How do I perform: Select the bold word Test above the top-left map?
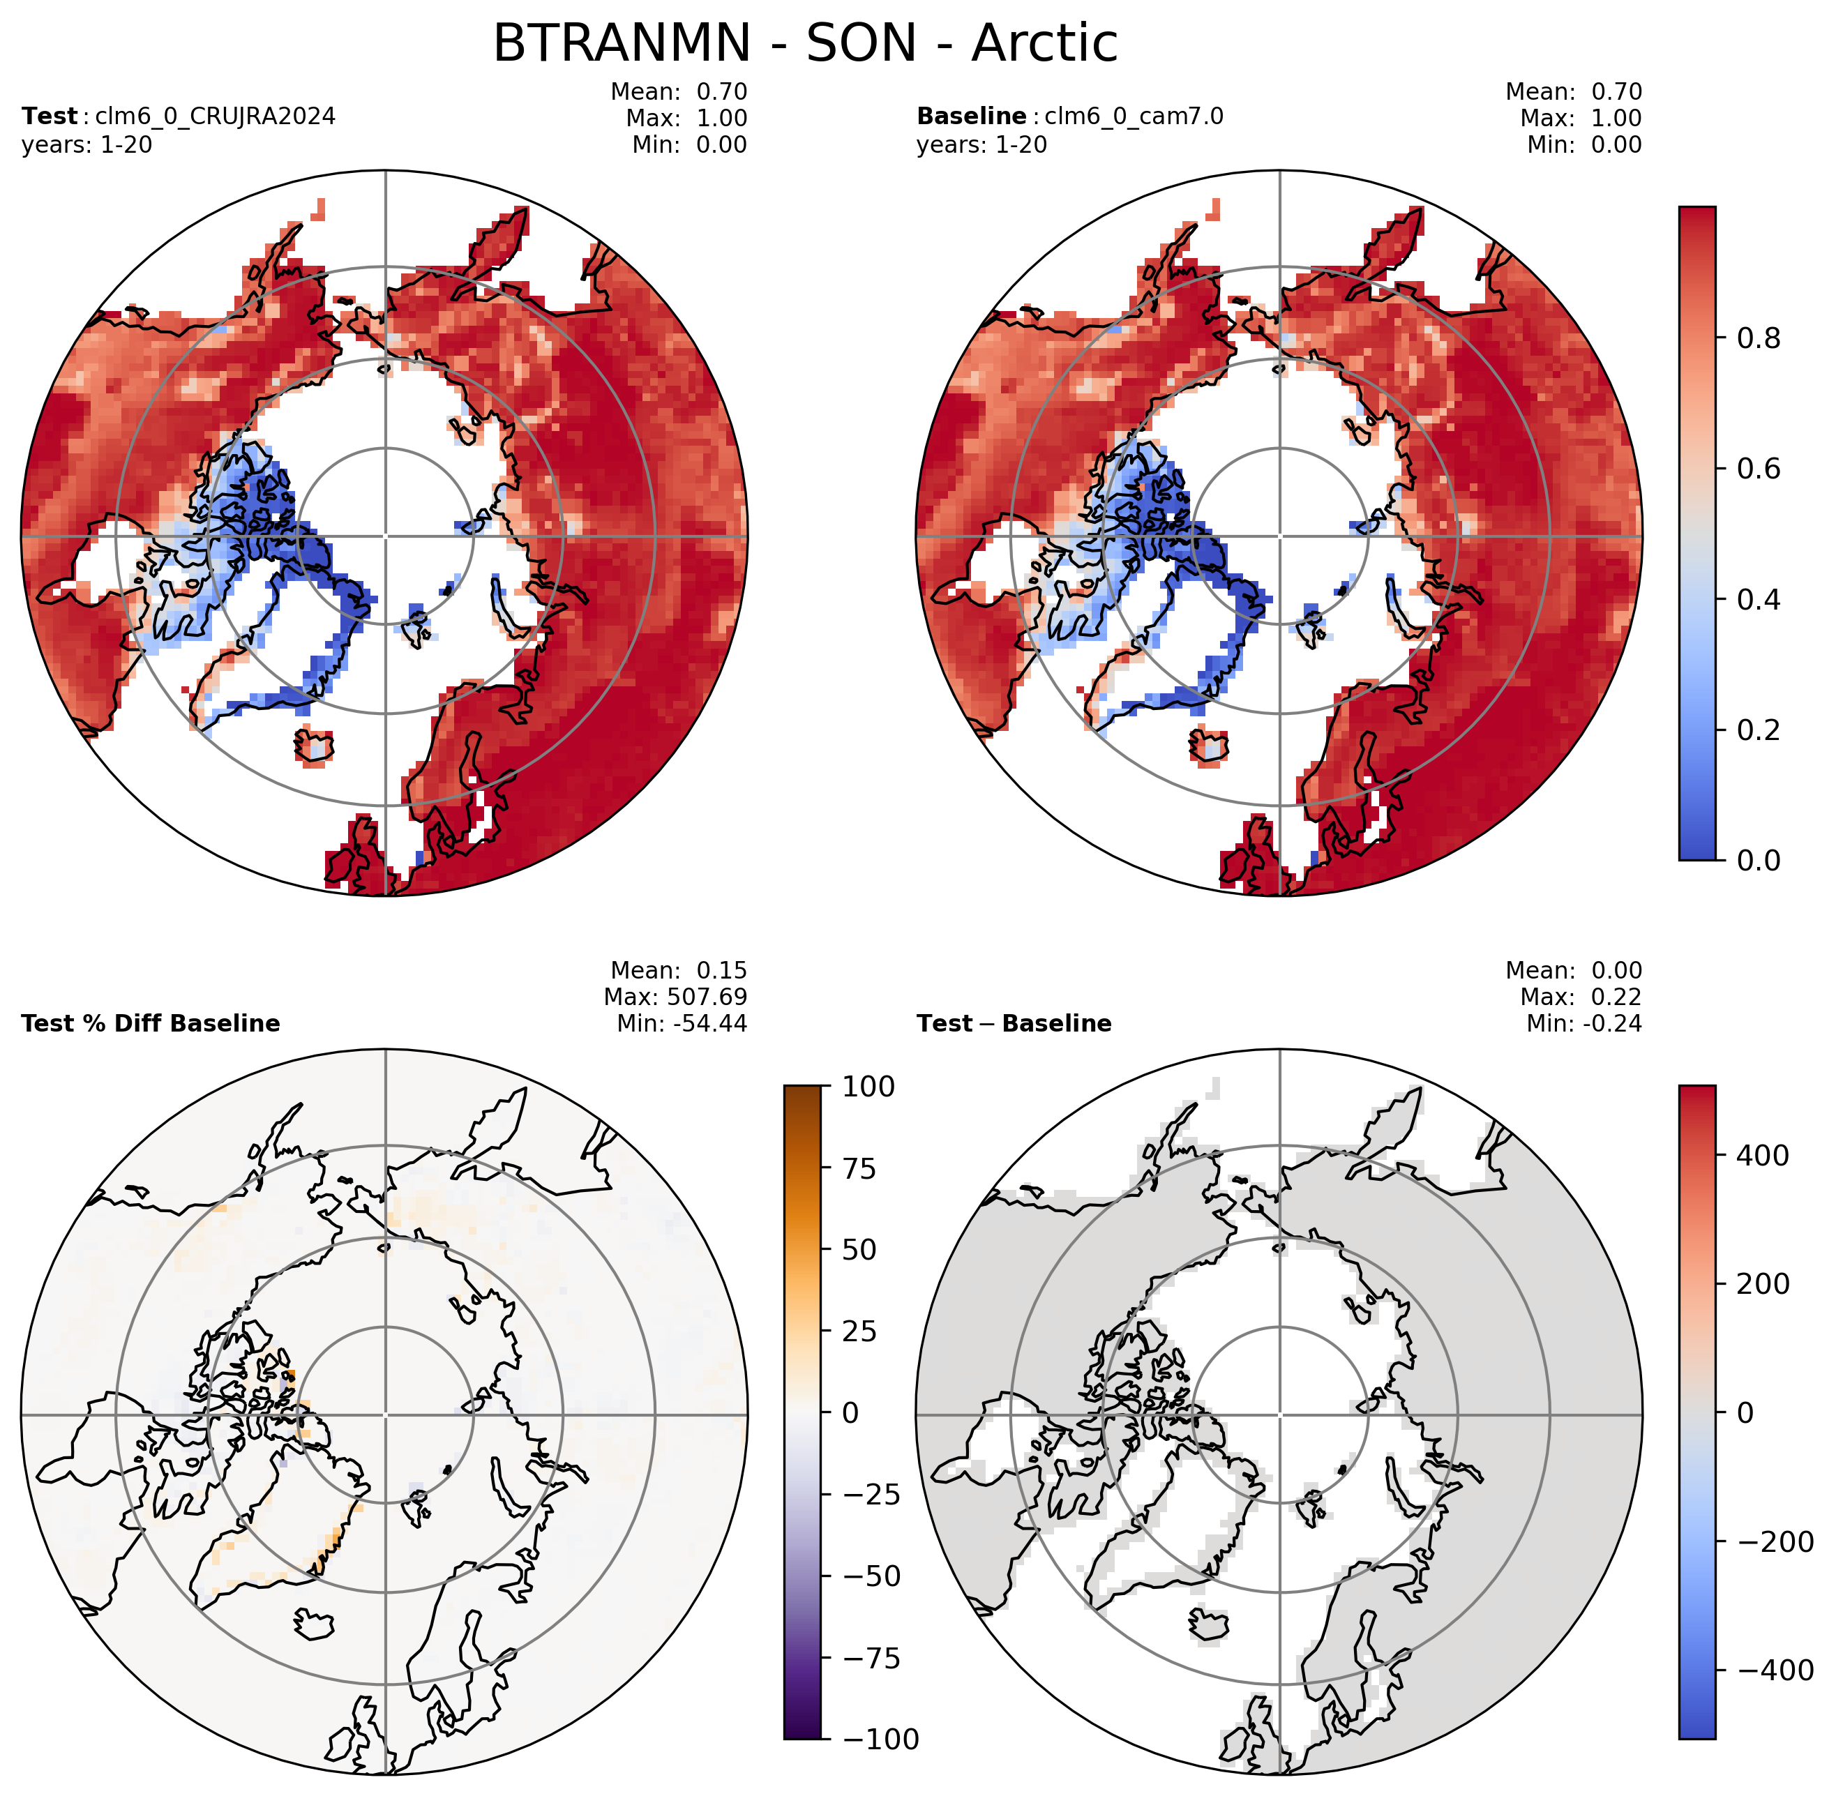(49, 116)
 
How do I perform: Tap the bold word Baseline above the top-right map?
(972, 116)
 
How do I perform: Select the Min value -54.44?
(709, 1023)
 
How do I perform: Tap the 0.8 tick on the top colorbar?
(1759, 338)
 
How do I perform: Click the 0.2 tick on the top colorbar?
(1759, 729)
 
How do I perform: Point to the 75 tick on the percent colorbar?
(859, 1169)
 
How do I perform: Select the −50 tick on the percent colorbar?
(872, 1576)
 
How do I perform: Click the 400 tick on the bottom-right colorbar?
(1763, 1156)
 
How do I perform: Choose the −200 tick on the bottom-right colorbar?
(1775, 1542)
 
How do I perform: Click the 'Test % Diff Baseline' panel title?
(151, 1023)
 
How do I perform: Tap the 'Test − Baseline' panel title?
(1014, 1023)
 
